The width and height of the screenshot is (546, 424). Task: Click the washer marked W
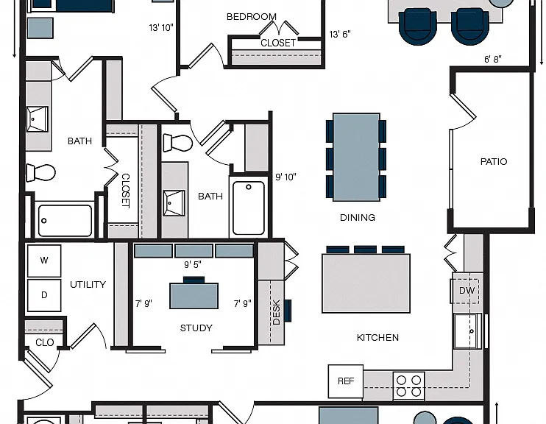(44, 261)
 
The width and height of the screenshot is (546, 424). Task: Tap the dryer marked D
(44, 295)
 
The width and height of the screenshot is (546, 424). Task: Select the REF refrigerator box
(346, 381)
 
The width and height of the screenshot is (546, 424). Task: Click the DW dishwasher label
(467, 291)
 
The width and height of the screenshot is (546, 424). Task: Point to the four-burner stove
(409, 386)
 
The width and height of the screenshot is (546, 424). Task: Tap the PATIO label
(494, 162)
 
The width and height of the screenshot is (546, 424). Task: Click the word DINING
(358, 218)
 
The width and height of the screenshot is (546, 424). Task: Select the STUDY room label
(196, 328)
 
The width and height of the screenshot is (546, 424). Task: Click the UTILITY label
(88, 285)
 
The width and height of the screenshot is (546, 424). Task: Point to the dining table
(356, 157)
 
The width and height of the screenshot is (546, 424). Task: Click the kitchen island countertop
(366, 283)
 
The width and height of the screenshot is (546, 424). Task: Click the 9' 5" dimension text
(193, 265)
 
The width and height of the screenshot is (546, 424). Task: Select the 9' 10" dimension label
(286, 177)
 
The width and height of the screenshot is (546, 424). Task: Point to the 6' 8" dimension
(493, 59)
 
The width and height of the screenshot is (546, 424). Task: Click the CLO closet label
(45, 342)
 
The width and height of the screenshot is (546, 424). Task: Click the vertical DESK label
(276, 312)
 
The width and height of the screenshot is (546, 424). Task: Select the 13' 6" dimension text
(340, 34)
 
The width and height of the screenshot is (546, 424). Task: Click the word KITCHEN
(377, 338)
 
